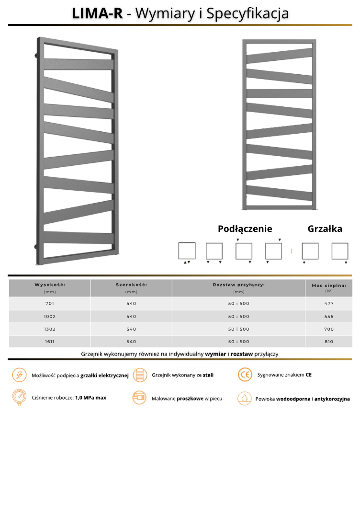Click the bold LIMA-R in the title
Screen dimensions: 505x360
[x=97, y=13]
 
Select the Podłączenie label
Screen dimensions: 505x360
[x=245, y=229]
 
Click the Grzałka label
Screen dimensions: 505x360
[x=325, y=229]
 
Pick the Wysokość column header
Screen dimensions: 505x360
[x=50, y=285]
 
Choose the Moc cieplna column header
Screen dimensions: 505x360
[x=328, y=286]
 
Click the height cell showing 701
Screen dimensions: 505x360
[x=50, y=303]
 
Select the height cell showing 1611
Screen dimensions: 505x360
[x=50, y=342]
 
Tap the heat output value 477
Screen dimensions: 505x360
[x=328, y=303]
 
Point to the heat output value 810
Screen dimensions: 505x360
[x=328, y=342]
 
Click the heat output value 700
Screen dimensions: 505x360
[x=328, y=329]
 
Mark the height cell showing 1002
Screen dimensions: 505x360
[x=50, y=316]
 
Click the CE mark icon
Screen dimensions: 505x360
[x=245, y=375]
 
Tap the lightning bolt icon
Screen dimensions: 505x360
[x=19, y=375]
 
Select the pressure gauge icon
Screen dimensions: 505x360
[x=19, y=398]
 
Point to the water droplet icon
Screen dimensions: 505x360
[x=245, y=398]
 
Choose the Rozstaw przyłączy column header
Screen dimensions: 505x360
[x=238, y=285]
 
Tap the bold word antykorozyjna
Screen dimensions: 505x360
[x=332, y=399]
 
